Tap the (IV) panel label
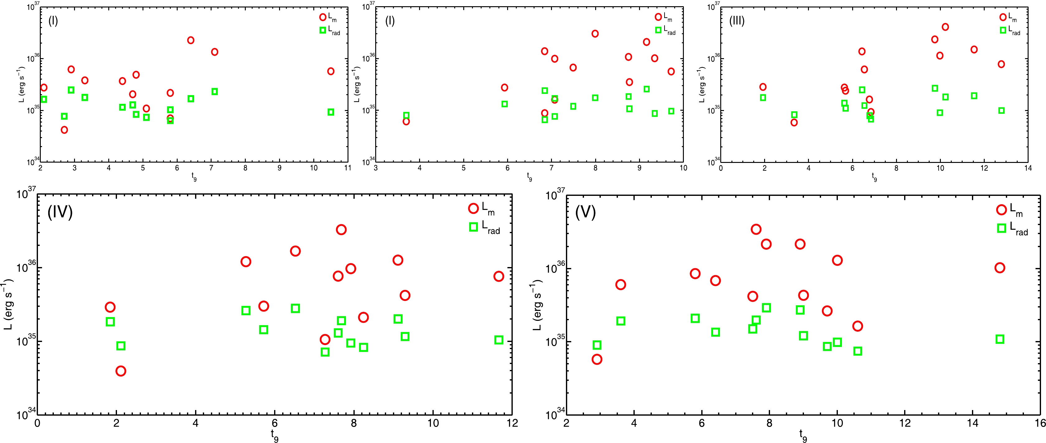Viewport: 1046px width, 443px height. point(60,212)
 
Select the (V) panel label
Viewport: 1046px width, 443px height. point(585,212)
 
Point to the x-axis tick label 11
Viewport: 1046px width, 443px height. point(348,168)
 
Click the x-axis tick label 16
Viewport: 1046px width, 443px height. point(1040,423)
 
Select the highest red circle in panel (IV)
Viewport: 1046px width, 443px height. point(341,230)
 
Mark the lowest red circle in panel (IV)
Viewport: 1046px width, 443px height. point(121,371)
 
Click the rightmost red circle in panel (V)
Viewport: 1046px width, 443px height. point(1000,268)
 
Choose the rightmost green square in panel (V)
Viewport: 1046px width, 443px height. point(1000,339)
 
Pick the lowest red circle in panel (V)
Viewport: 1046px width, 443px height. point(597,359)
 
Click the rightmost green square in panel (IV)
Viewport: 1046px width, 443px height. point(499,340)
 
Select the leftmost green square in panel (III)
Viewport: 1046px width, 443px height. point(763,98)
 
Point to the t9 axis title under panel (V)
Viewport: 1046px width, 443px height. point(803,435)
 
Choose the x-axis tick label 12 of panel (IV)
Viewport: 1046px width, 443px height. point(512,423)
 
